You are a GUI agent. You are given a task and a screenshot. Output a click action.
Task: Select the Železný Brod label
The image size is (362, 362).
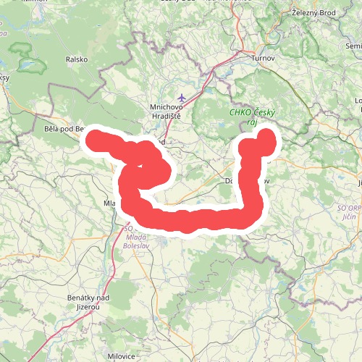312,12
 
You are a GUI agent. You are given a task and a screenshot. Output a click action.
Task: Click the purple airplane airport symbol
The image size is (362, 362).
182,96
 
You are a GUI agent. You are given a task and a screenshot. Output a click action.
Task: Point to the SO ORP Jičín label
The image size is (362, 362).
351,213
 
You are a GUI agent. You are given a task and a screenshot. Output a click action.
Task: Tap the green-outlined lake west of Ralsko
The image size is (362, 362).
29,64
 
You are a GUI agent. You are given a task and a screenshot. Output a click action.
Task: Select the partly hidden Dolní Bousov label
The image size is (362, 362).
230,180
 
